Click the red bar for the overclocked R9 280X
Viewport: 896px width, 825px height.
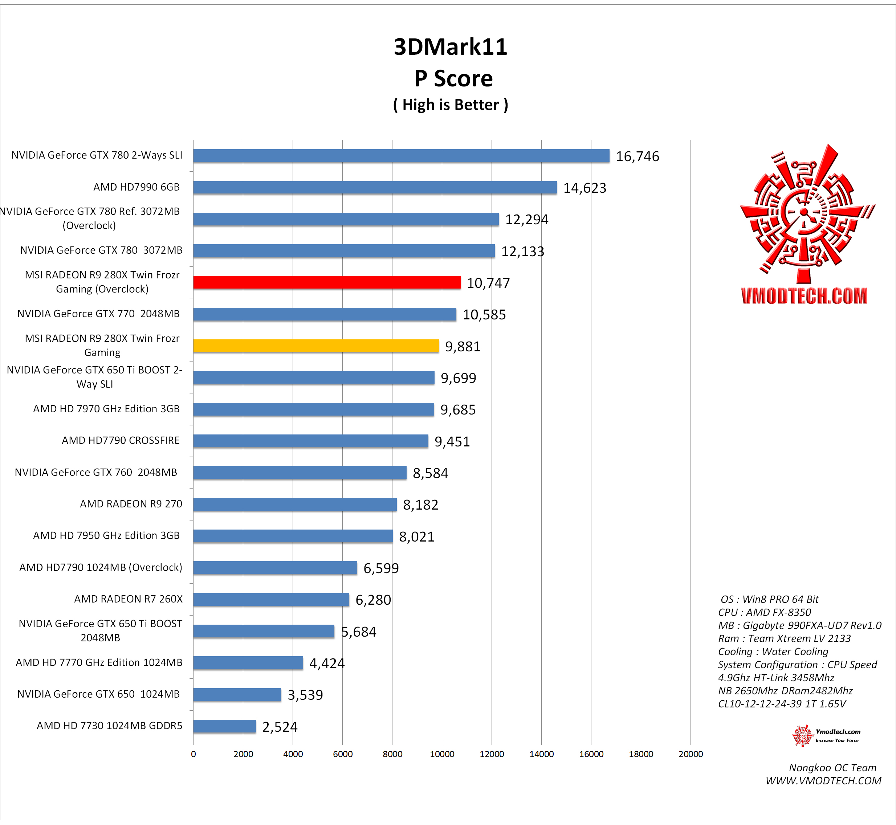pyautogui.click(x=326, y=282)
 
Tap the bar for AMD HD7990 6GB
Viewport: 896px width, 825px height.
pyautogui.click(x=375, y=188)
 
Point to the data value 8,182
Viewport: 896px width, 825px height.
pyautogui.click(x=420, y=505)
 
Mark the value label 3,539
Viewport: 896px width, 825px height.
pyautogui.click(x=305, y=695)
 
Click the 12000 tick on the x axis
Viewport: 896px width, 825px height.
pyautogui.click(x=492, y=754)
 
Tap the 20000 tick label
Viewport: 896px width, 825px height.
pyautogui.click(x=690, y=754)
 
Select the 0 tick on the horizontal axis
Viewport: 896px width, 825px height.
pyautogui.click(x=193, y=754)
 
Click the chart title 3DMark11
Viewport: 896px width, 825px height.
pyautogui.click(x=451, y=47)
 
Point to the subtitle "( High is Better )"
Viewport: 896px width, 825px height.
pyautogui.click(x=451, y=105)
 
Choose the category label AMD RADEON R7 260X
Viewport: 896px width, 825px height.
pyautogui.click(x=128, y=599)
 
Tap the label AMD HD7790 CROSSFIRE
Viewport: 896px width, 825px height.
pyautogui.click(x=121, y=441)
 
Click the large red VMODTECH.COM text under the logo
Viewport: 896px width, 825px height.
pyautogui.click(x=804, y=296)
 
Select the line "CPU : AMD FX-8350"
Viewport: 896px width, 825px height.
pyautogui.click(x=764, y=613)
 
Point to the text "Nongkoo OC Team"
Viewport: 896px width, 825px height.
pyautogui.click(x=832, y=768)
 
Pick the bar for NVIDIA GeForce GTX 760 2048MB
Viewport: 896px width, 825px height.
pyautogui.click(x=300, y=472)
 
